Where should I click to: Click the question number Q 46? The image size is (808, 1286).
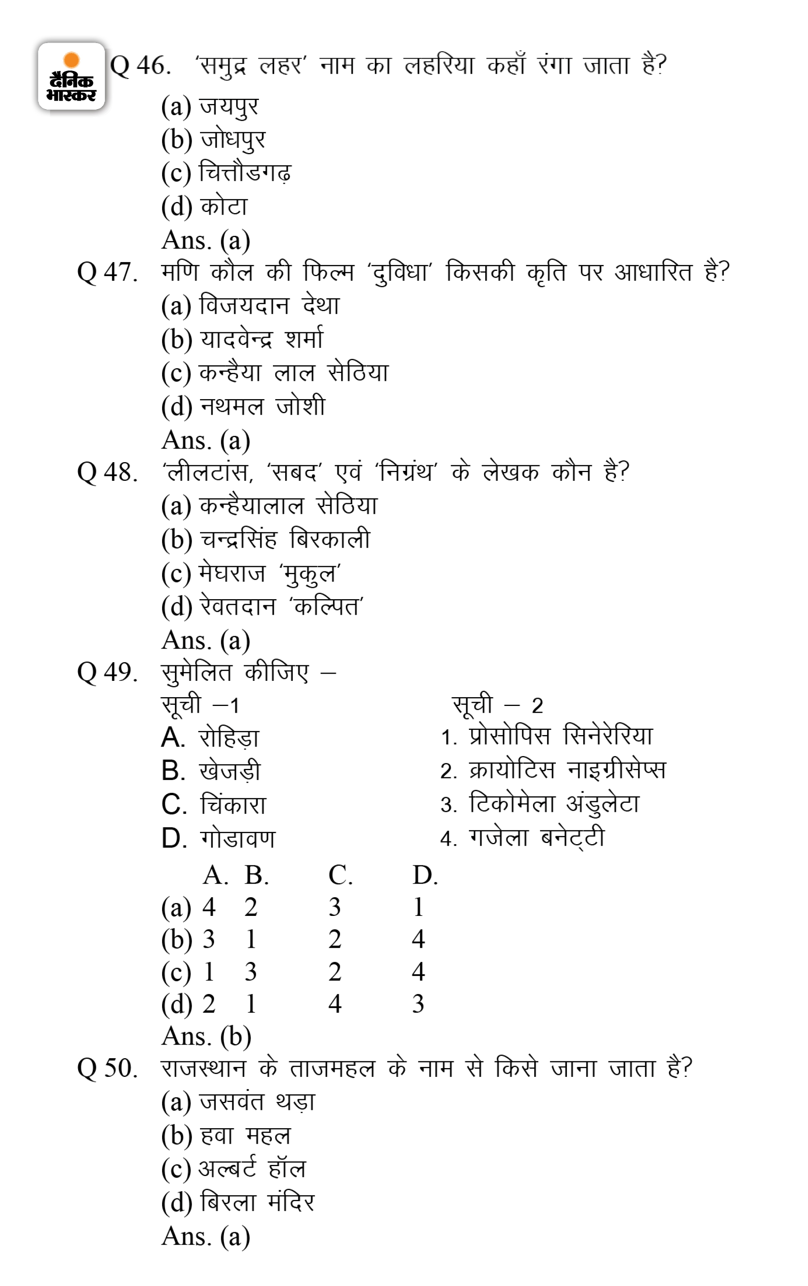(141, 66)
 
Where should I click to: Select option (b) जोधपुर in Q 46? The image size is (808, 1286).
(213, 140)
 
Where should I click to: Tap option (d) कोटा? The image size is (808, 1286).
(204, 207)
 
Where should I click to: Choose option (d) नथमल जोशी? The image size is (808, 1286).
(243, 406)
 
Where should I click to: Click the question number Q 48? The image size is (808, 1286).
(107, 472)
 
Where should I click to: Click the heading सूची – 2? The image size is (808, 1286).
(497, 705)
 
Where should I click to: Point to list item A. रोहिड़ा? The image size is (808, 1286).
(210, 738)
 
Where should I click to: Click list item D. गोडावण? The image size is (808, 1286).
(218, 839)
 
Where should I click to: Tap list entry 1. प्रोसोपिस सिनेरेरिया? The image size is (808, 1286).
(546, 737)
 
